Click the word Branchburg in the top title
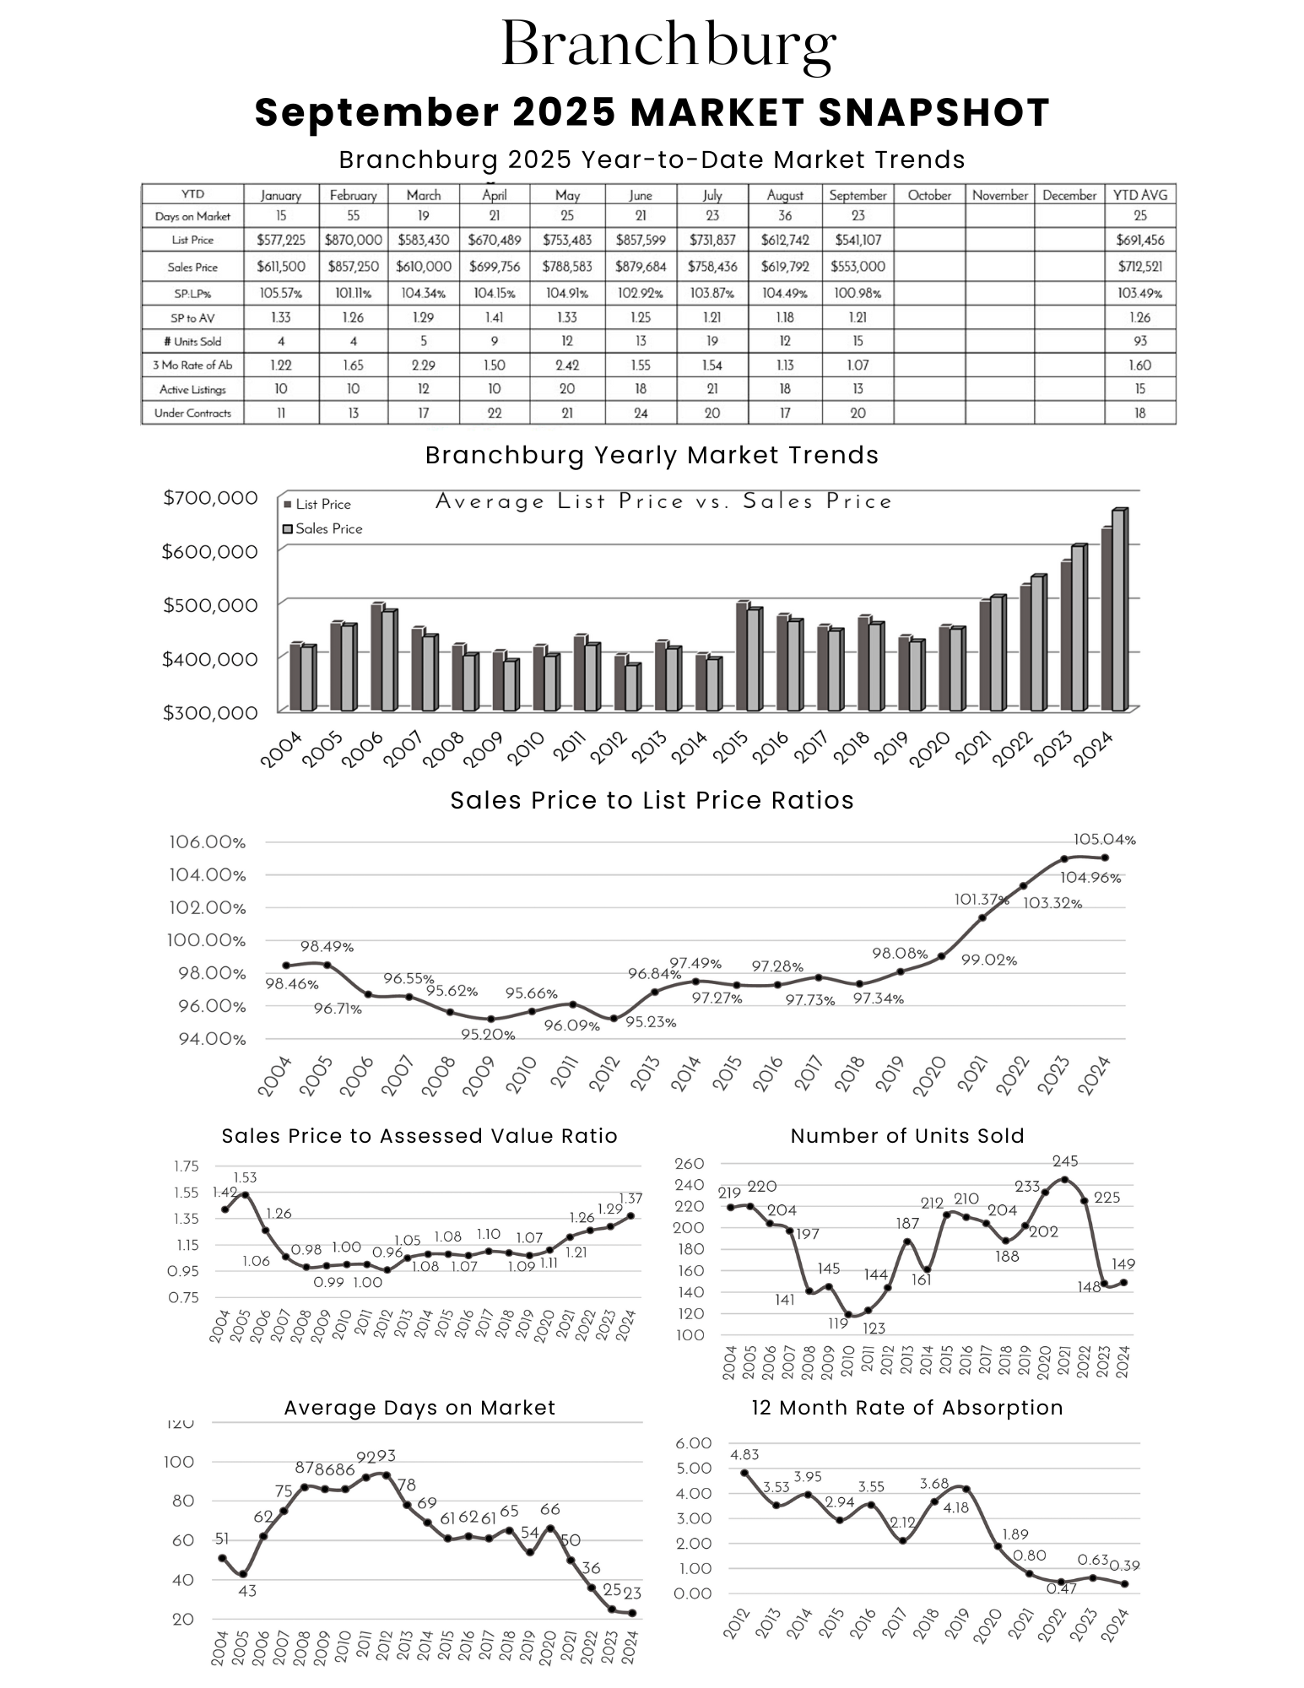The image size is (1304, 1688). pos(668,46)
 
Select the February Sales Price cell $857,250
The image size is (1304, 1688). pos(353,267)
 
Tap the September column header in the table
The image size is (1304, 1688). pos(858,195)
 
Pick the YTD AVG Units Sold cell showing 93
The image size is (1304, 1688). pos(1139,341)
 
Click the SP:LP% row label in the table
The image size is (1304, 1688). pos(192,294)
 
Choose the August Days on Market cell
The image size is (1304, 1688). pos(785,216)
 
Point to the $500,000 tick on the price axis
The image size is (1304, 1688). pos(210,605)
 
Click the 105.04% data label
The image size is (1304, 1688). pos(1104,840)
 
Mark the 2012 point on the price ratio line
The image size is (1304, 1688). pos(614,1019)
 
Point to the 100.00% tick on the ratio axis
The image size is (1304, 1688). pos(208,940)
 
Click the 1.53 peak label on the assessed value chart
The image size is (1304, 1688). pos(245,1177)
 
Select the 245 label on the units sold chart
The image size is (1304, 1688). pos(1065,1161)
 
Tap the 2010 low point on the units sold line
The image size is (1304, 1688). pos(848,1315)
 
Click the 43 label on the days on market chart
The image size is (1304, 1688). pos(246,1591)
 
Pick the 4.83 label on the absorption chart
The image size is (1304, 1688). pos(744,1455)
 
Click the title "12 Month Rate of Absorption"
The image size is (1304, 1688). pos(906,1408)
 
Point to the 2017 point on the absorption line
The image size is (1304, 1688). pos(903,1541)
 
